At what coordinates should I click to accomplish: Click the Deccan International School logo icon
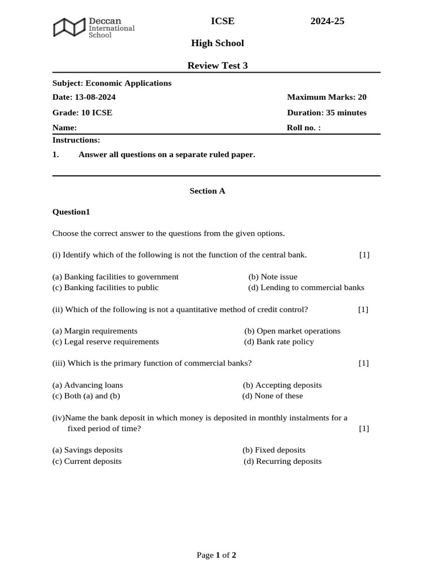click(x=70, y=27)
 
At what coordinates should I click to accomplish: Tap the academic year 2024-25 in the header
click(x=327, y=21)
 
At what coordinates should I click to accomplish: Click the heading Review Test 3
click(x=217, y=65)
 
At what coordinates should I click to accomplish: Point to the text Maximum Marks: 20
click(x=326, y=97)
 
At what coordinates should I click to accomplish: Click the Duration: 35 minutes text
click(x=326, y=112)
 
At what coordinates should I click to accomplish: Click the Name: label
click(x=64, y=127)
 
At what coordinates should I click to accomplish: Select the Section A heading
click(x=207, y=190)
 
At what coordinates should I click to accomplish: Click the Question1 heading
click(x=71, y=212)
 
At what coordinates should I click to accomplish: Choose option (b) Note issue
click(x=272, y=277)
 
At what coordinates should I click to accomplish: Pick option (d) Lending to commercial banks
click(x=306, y=287)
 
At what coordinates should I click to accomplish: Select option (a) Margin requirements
click(x=95, y=331)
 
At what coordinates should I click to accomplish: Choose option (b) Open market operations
click(x=292, y=331)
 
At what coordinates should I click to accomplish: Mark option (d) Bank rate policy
click(x=279, y=341)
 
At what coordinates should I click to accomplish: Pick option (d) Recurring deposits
click(x=282, y=461)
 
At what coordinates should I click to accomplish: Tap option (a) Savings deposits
click(x=87, y=450)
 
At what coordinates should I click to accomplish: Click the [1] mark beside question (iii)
click(x=364, y=363)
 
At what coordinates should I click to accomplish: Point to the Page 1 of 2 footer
click(x=216, y=555)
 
